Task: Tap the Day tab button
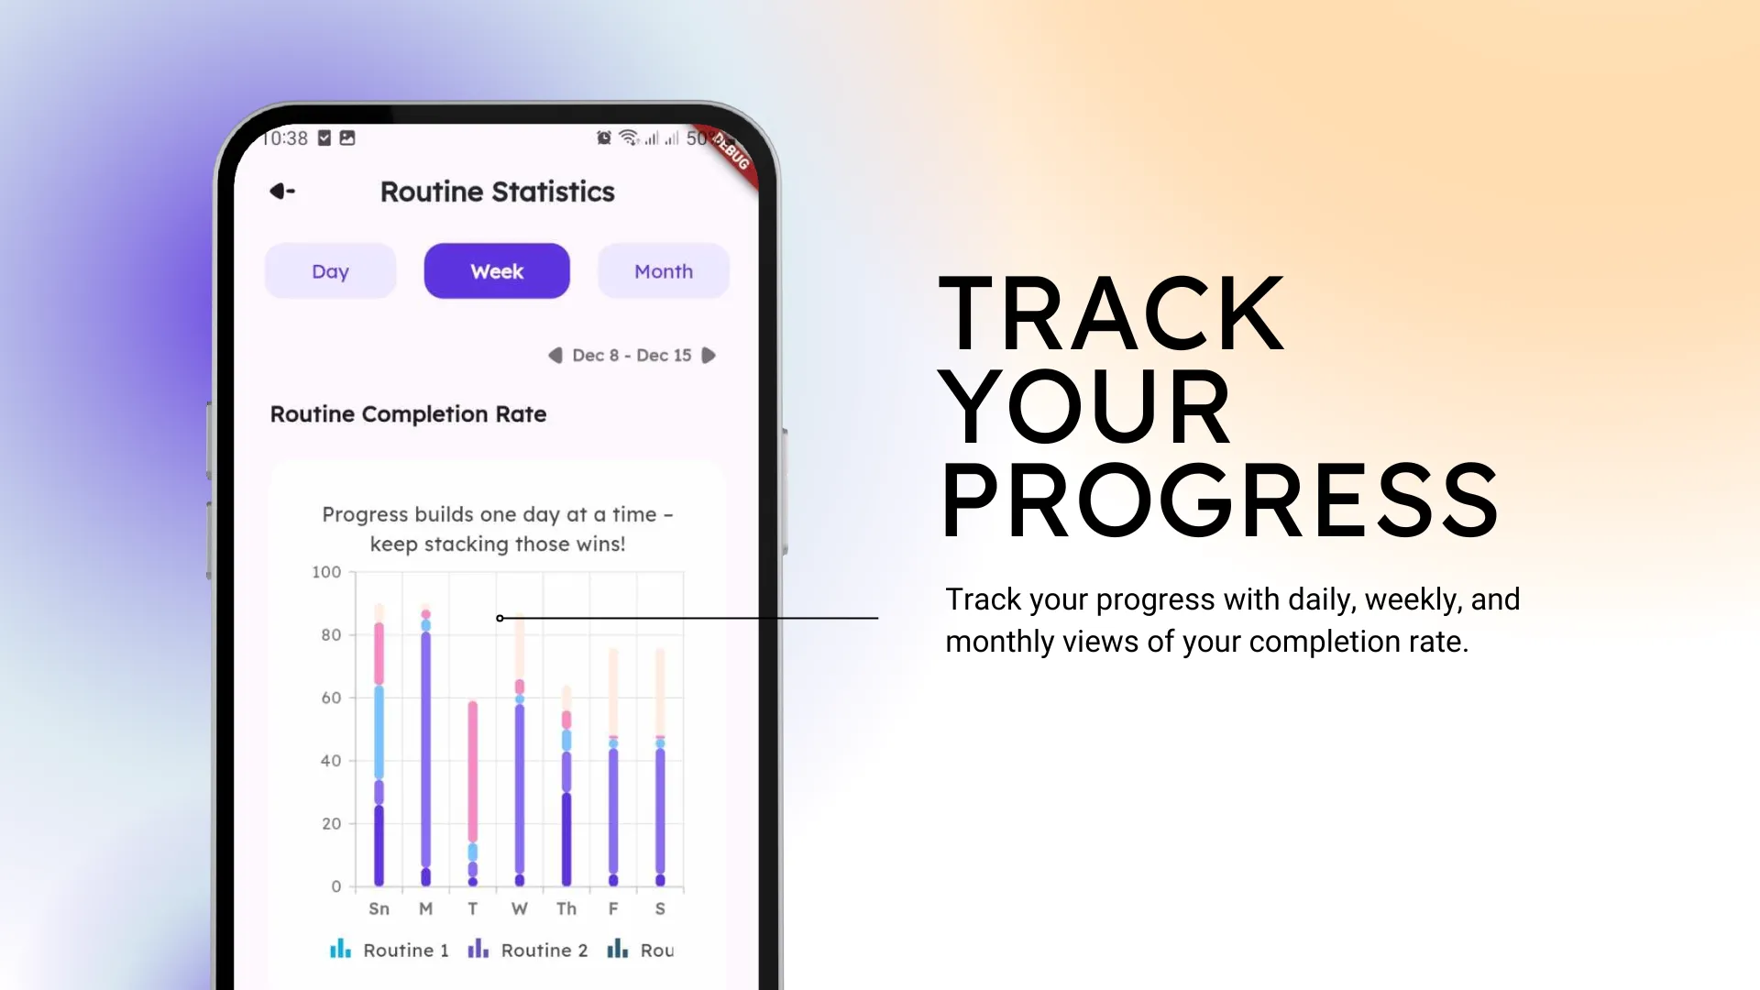click(330, 271)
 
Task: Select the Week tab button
click(497, 271)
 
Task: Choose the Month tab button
click(664, 271)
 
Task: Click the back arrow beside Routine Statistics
click(282, 191)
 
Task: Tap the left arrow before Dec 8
click(555, 356)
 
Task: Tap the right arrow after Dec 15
click(709, 356)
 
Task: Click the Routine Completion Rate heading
click(408, 414)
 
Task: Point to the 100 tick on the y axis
click(326, 572)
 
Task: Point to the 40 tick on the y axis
click(331, 761)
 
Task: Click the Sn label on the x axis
click(379, 908)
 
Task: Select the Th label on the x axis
click(566, 908)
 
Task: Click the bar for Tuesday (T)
click(473, 794)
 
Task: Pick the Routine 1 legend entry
click(390, 950)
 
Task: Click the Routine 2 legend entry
click(528, 950)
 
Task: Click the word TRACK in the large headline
click(1112, 313)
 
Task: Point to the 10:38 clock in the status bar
click(285, 138)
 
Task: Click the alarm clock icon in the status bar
click(604, 137)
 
